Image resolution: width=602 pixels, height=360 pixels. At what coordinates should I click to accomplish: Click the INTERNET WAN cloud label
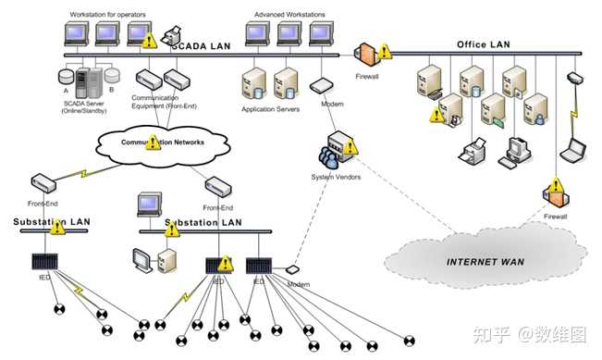click(x=485, y=262)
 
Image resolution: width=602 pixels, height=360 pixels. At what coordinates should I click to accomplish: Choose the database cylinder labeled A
click(x=66, y=75)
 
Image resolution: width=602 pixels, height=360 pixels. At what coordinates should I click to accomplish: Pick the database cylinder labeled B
click(x=112, y=75)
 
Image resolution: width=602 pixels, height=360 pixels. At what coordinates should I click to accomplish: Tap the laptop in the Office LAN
click(x=575, y=147)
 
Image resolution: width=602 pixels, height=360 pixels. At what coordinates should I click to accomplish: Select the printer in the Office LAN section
click(x=475, y=149)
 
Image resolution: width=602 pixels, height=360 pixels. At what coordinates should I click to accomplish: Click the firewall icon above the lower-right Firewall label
click(x=555, y=193)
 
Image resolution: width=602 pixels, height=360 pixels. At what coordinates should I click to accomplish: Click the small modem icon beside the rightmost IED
click(x=293, y=270)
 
